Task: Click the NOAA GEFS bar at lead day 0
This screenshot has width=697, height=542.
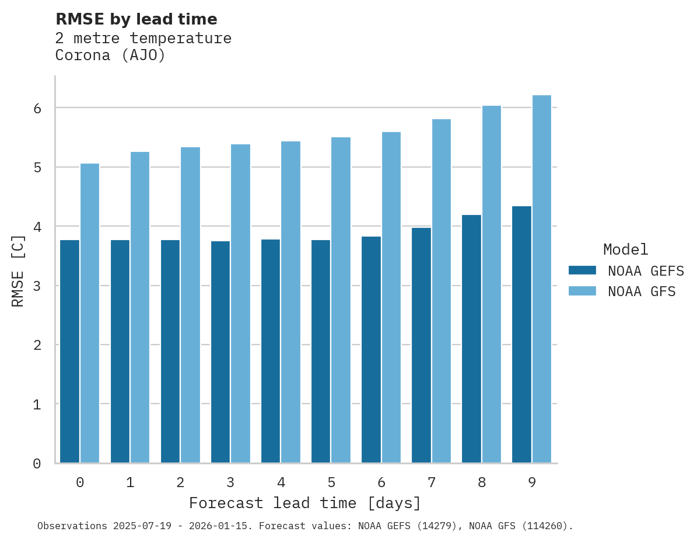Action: pyautogui.click(x=70, y=351)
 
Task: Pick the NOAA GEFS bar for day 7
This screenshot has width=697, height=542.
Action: pyautogui.click(x=421, y=345)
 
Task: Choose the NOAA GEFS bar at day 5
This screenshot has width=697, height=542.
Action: pyautogui.click(x=321, y=351)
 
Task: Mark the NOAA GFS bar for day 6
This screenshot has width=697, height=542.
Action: pyautogui.click(x=391, y=297)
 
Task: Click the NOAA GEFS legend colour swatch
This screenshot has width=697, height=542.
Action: pyautogui.click(x=582, y=270)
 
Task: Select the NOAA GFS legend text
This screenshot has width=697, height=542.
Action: pyautogui.click(x=642, y=291)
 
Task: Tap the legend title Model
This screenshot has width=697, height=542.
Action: pyautogui.click(x=625, y=249)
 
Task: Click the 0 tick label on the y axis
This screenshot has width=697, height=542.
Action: pyautogui.click(x=36, y=464)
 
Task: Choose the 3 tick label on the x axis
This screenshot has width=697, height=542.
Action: pyautogui.click(x=230, y=483)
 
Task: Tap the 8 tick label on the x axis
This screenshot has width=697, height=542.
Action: pyautogui.click(x=482, y=483)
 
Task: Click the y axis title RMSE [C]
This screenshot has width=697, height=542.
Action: pyautogui.click(x=18, y=271)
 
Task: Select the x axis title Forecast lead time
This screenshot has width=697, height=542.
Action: pyautogui.click(x=304, y=503)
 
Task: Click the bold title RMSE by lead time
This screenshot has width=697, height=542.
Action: pyautogui.click(x=136, y=19)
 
